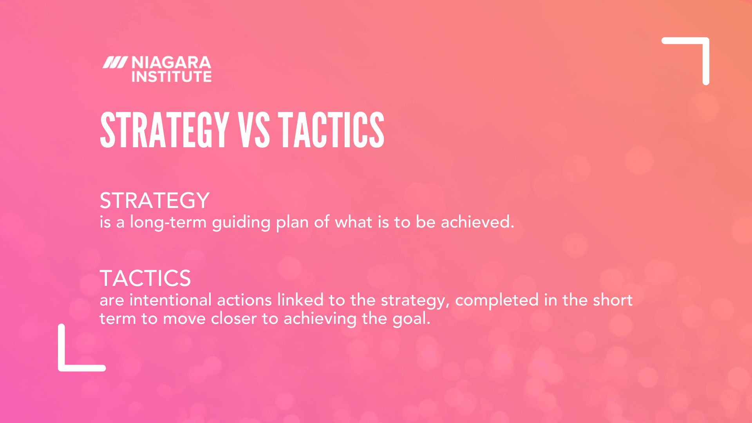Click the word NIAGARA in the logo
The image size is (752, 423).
pos(171,63)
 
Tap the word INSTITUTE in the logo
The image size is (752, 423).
pos(171,77)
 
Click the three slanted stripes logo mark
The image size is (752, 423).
pos(115,63)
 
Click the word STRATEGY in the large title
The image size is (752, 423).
pos(164,130)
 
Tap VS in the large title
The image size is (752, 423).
pos(254,130)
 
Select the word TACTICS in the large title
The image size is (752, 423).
pos(331,130)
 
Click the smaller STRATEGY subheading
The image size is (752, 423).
pos(155,201)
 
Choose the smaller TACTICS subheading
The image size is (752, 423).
pos(145,278)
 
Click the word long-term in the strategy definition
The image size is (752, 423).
pos(168,222)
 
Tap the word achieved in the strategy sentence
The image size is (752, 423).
pos(477,222)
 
